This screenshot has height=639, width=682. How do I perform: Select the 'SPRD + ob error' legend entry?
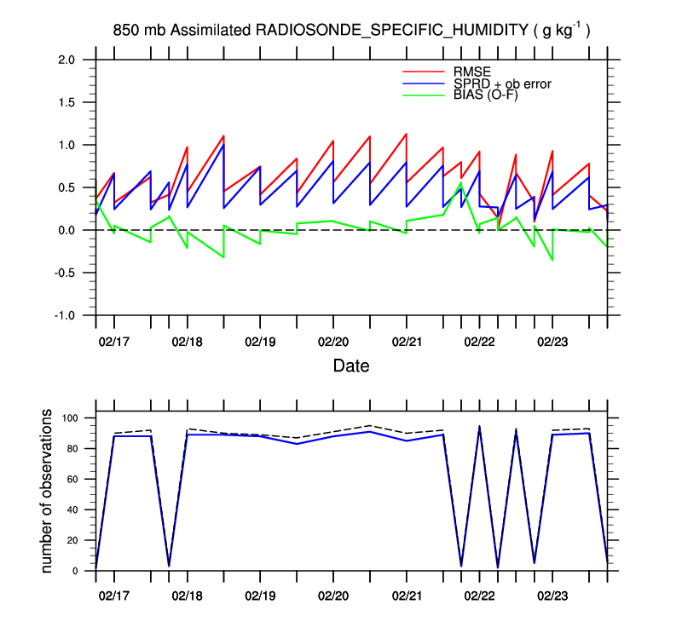503,83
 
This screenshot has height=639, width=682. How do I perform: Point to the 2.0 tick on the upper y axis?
66,60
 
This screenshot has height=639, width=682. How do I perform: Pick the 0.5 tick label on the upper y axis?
66,187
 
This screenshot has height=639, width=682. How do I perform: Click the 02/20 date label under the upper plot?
332,342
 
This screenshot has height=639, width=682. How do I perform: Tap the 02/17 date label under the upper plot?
113,342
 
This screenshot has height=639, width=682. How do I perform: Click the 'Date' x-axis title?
350,366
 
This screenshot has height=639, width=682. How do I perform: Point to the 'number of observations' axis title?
48,492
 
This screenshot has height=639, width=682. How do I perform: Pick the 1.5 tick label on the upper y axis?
66,102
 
